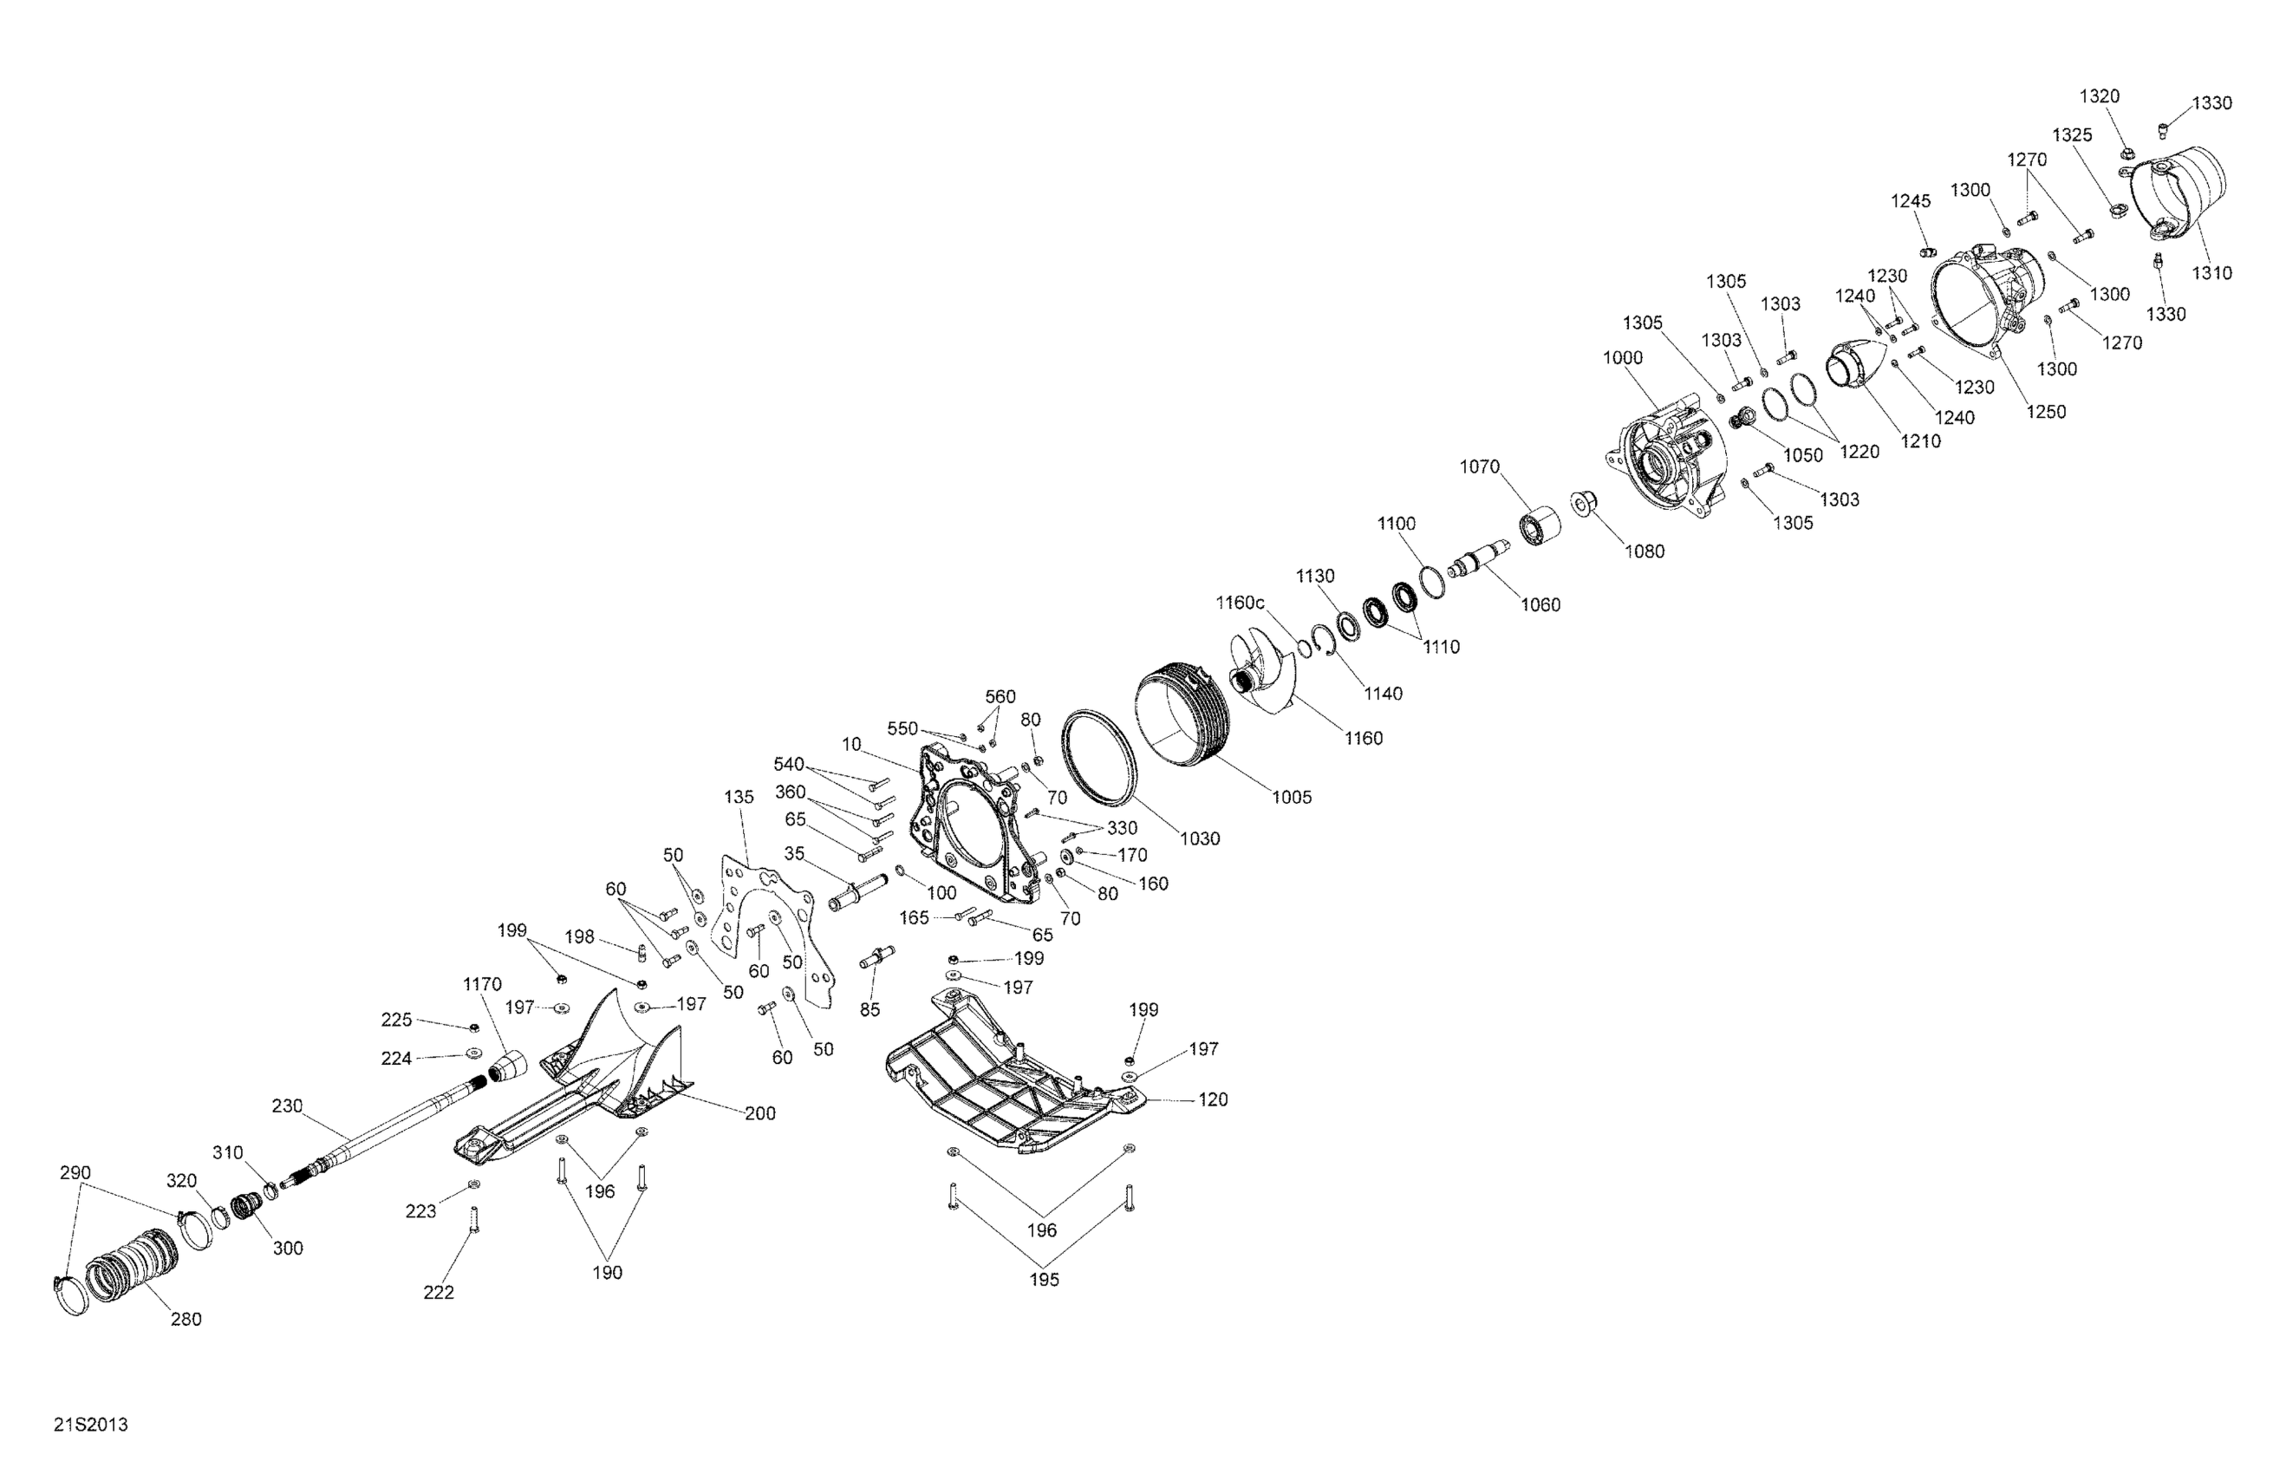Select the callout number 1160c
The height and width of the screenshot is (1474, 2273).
click(x=1240, y=603)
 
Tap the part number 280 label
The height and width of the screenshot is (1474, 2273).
click(x=186, y=1320)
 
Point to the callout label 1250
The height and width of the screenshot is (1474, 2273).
click(x=2046, y=412)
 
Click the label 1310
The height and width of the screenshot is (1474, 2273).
click(x=2211, y=273)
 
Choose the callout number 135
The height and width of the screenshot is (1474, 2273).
click(x=739, y=797)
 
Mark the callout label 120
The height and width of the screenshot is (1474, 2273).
click(x=1212, y=1099)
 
